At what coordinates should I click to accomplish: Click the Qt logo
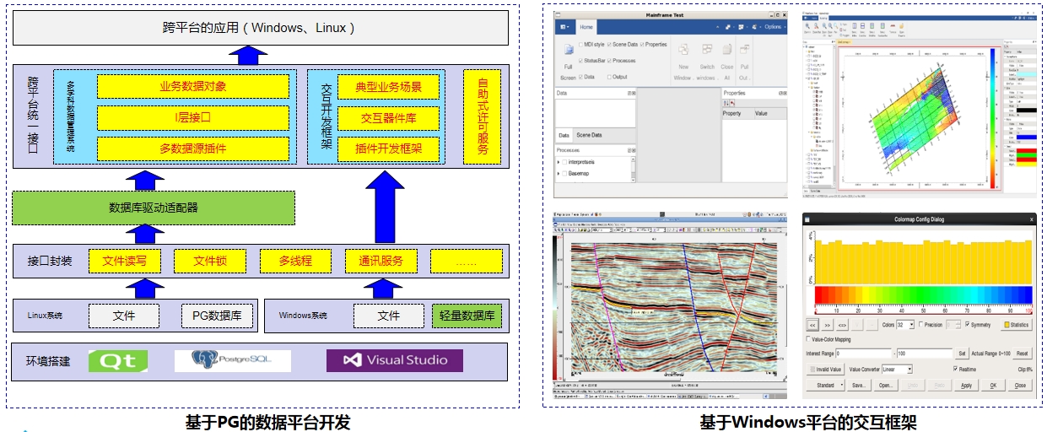(x=118, y=360)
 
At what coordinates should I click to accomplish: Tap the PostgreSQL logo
(x=233, y=360)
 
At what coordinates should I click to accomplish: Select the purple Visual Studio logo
(x=395, y=360)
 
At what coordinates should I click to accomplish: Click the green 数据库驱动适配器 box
(x=154, y=208)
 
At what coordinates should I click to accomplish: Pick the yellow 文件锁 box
(x=210, y=261)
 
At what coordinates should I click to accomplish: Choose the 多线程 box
(x=295, y=261)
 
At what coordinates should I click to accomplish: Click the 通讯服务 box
(x=381, y=261)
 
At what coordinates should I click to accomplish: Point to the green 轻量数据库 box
(x=467, y=316)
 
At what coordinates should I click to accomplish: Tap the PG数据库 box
(x=217, y=316)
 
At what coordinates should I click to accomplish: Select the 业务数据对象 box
(x=193, y=86)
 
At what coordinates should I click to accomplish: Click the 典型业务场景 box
(x=389, y=86)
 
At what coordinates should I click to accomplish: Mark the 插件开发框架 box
(x=389, y=148)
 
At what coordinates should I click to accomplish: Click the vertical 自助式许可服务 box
(x=483, y=117)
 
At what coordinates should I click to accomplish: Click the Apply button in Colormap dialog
(x=966, y=385)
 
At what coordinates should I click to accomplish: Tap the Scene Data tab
(x=589, y=135)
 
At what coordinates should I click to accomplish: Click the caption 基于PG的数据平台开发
(x=267, y=422)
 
